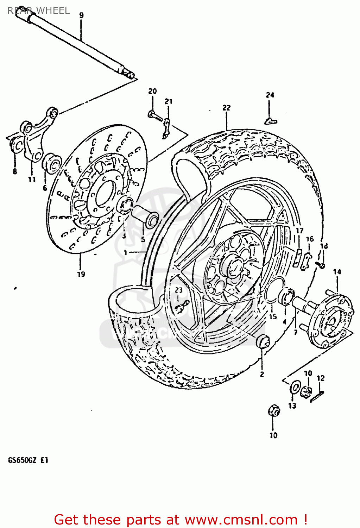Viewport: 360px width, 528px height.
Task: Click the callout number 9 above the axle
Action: (81, 15)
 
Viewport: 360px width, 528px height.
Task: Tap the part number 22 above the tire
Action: (226, 107)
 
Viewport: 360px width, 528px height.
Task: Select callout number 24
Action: (270, 95)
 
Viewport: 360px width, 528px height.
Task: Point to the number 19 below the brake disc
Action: (81, 274)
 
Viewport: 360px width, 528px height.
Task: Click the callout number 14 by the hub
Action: (337, 272)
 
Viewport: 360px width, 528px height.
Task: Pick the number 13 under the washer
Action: (292, 406)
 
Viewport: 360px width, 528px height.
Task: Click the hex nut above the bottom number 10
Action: (274, 411)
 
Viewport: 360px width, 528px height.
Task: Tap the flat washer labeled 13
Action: (294, 388)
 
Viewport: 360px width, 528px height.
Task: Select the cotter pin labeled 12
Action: (317, 396)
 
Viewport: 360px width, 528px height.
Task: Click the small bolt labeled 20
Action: (154, 115)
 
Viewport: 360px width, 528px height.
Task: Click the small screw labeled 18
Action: (321, 265)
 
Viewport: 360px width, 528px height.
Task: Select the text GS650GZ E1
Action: (28, 460)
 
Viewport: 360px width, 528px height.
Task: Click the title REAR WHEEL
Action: (38, 11)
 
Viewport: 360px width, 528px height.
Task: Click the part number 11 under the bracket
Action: (32, 180)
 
